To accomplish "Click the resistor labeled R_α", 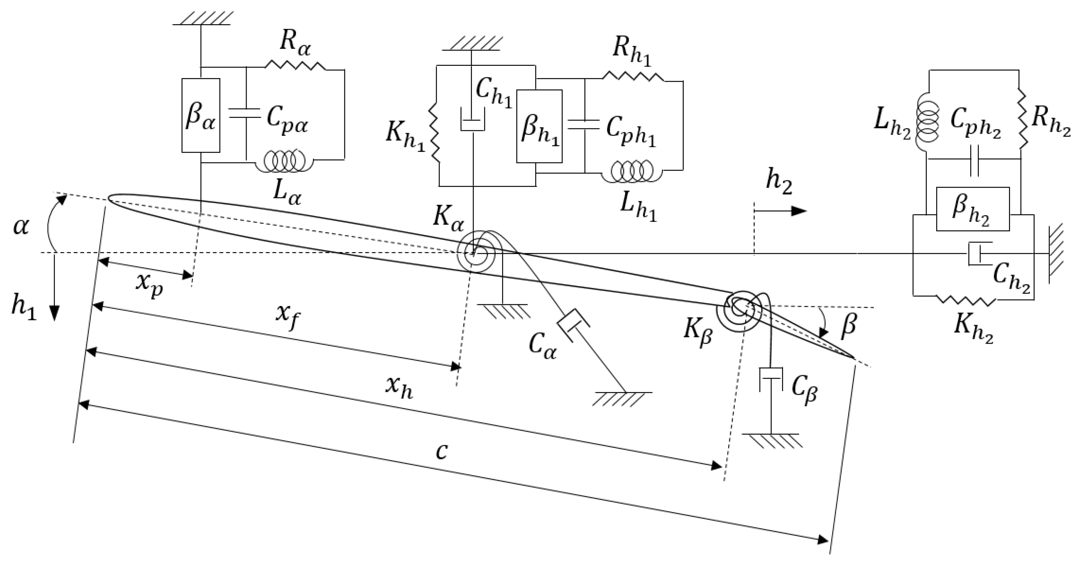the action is tap(295, 66).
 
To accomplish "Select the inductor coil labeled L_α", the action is tap(285, 161).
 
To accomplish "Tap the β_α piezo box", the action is tap(201, 115).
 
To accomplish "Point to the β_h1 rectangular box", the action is tap(539, 126).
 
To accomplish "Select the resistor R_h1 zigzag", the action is tap(633, 76).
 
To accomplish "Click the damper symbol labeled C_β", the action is tap(771, 379).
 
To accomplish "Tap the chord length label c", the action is tap(442, 451).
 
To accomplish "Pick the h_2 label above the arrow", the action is tap(779, 183).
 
